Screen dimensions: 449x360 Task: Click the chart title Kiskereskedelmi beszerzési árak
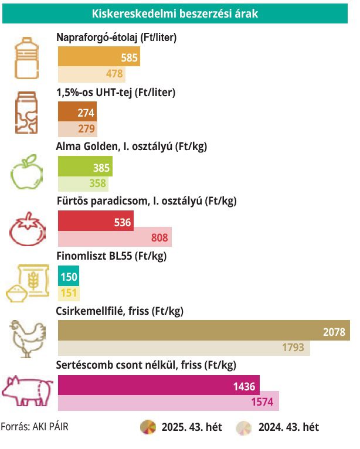click(x=175, y=12)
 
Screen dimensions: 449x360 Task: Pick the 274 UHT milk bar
click(x=77, y=113)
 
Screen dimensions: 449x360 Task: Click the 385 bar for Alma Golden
click(x=85, y=168)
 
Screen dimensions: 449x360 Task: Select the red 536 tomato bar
click(x=96, y=222)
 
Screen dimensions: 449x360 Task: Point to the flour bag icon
click(x=27, y=283)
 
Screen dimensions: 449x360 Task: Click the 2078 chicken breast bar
click(x=203, y=331)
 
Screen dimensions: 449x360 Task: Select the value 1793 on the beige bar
click(x=293, y=348)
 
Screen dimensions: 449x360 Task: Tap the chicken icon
click(x=27, y=338)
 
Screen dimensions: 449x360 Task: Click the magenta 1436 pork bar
click(x=158, y=386)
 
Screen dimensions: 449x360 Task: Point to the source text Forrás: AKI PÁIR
click(x=35, y=427)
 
